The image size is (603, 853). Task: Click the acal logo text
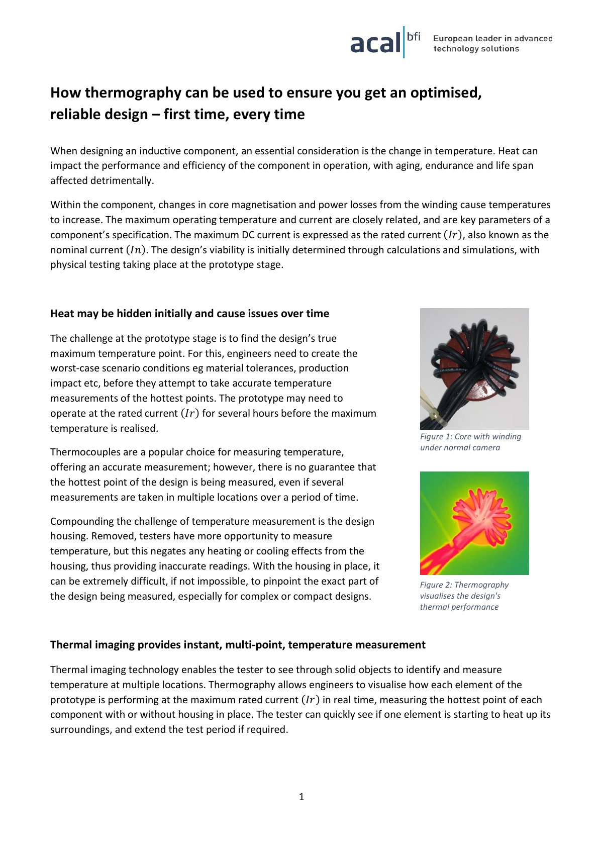coord(375,43)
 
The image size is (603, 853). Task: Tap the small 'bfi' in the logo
coord(414,36)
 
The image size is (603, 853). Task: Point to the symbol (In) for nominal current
coord(136,250)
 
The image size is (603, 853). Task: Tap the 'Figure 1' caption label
coord(436,436)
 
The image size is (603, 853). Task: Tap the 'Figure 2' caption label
coord(436,585)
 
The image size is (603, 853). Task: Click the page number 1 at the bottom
coord(301,796)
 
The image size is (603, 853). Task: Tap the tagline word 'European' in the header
coord(453,38)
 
